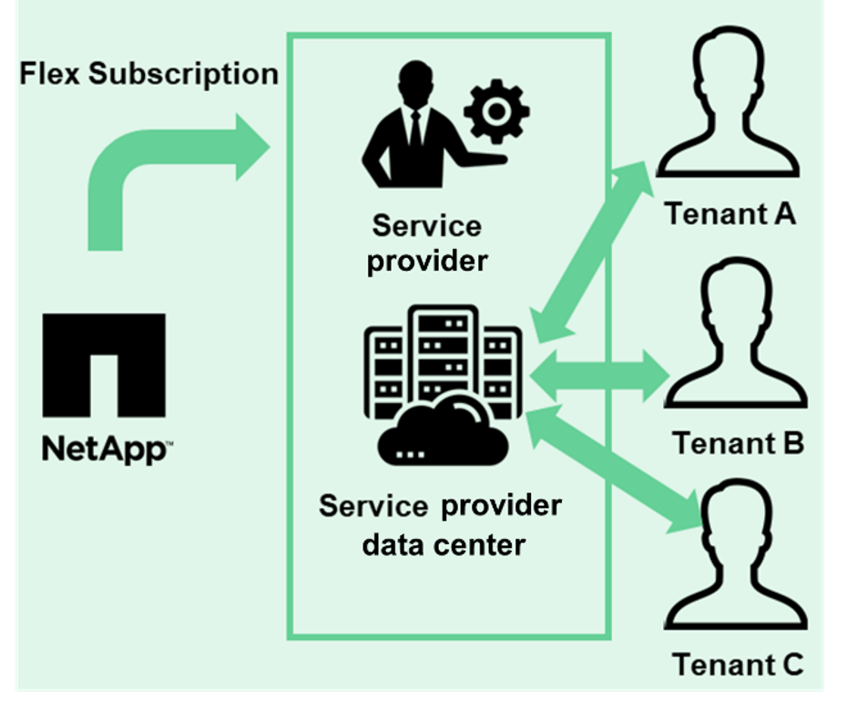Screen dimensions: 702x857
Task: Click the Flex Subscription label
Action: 149,74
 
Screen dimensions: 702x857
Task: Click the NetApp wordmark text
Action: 107,448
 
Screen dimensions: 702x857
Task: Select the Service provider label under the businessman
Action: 427,243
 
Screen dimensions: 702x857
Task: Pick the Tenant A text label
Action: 730,214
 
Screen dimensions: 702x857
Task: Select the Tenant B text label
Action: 738,443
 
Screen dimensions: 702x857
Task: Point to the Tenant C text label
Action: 738,663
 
